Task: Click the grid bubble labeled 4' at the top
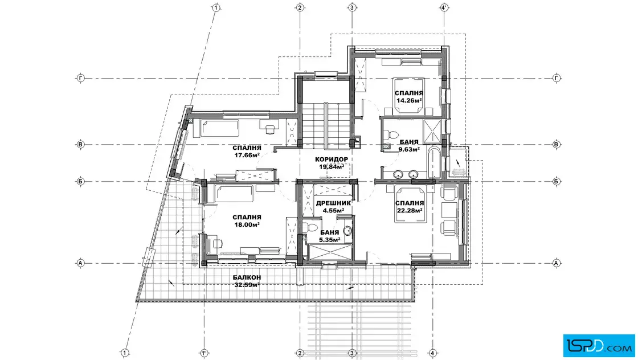click(x=445, y=7)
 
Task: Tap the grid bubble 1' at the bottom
click(x=204, y=353)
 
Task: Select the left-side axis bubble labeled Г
click(x=80, y=77)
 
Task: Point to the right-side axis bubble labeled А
click(x=557, y=263)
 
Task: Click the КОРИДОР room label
click(x=332, y=159)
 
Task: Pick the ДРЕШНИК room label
click(x=333, y=203)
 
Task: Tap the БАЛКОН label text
click(x=247, y=277)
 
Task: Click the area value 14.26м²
click(x=409, y=100)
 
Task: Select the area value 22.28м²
click(x=410, y=210)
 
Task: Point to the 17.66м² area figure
click(x=247, y=155)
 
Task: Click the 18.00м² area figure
click(x=247, y=224)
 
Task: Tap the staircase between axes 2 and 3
click(x=325, y=125)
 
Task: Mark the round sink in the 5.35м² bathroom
click(x=347, y=231)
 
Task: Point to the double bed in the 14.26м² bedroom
click(x=409, y=97)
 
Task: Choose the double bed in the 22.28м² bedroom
click(x=410, y=204)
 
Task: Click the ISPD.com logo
click(x=599, y=345)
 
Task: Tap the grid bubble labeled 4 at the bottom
click(x=432, y=353)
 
